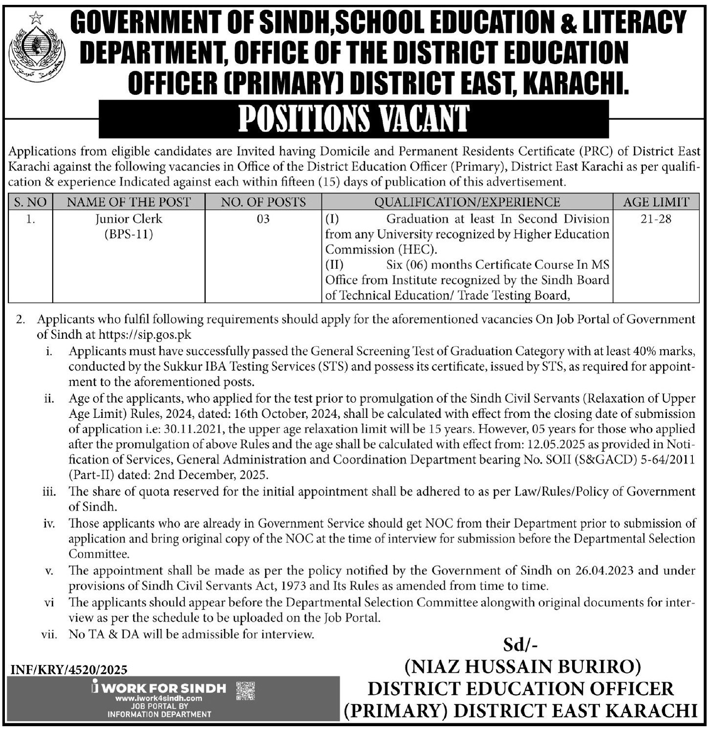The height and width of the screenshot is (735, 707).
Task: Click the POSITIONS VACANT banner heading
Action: pyautogui.click(x=354, y=119)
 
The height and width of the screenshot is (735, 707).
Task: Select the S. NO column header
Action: pyautogui.click(x=31, y=202)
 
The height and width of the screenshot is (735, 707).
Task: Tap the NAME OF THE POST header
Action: pyautogui.click(x=129, y=202)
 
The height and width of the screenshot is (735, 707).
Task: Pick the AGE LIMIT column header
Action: pyautogui.click(x=656, y=202)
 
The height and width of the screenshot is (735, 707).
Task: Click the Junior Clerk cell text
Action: pyautogui.click(x=129, y=218)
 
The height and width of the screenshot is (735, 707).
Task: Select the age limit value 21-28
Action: pyautogui.click(x=658, y=218)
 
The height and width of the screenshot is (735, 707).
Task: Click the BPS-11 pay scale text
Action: pyautogui.click(x=129, y=234)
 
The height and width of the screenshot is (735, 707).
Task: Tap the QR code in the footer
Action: pyautogui.click(x=245, y=692)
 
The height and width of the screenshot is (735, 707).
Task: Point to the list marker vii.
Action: pyautogui.click(x=50, y=634)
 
